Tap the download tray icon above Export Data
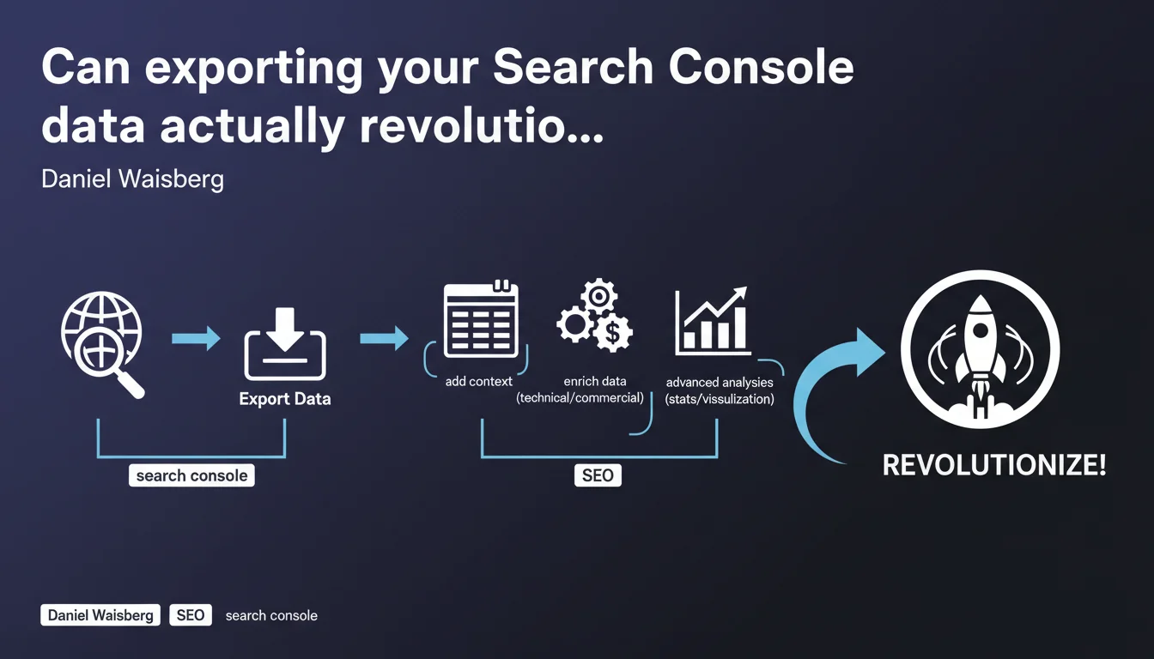pyautogui.click(x=285, y=343)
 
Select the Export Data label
pyautogui.click(x=285, y=399)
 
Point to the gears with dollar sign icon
pyautogui.click(x=595, y=315)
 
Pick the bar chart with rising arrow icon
pyautogui.click(x=713, y=320)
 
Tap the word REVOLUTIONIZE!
pyautogui.click(x=994, y=465)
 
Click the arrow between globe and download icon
pyautogui.click(x=196, y=338)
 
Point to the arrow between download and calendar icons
pyautogui.click(x=385, y=338)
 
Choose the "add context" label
pyautogui.click(x=478, y=382)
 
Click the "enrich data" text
pyautogui.click(x=595, y=382)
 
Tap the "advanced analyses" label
pyautogui.click(x=720, y=383)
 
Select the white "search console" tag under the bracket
pyautogui.click(x=191, y=475)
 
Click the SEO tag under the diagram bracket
pyautogui.click(x=598, y=475)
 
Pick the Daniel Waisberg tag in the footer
pyautogui.click(x=100, y=615)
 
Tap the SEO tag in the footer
pyautogui.click(x=191, y=615)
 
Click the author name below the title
pyautogui.click(x=132, y=179)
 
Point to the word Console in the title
pyautogui.click(x=761, y=67)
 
